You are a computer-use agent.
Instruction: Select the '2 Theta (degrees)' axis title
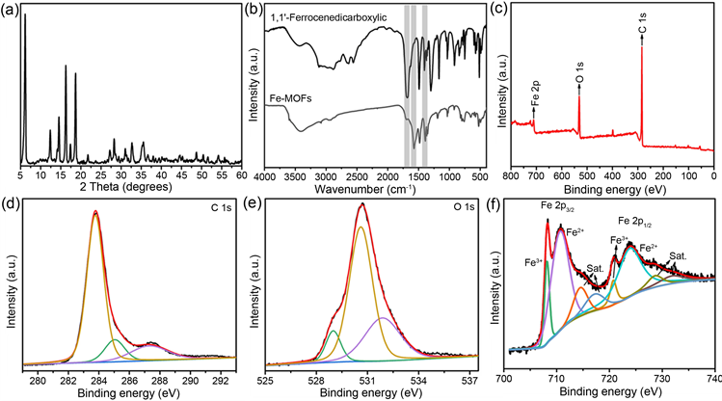(x=132, y=190)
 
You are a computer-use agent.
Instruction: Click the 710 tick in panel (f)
(x=558, y=380)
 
